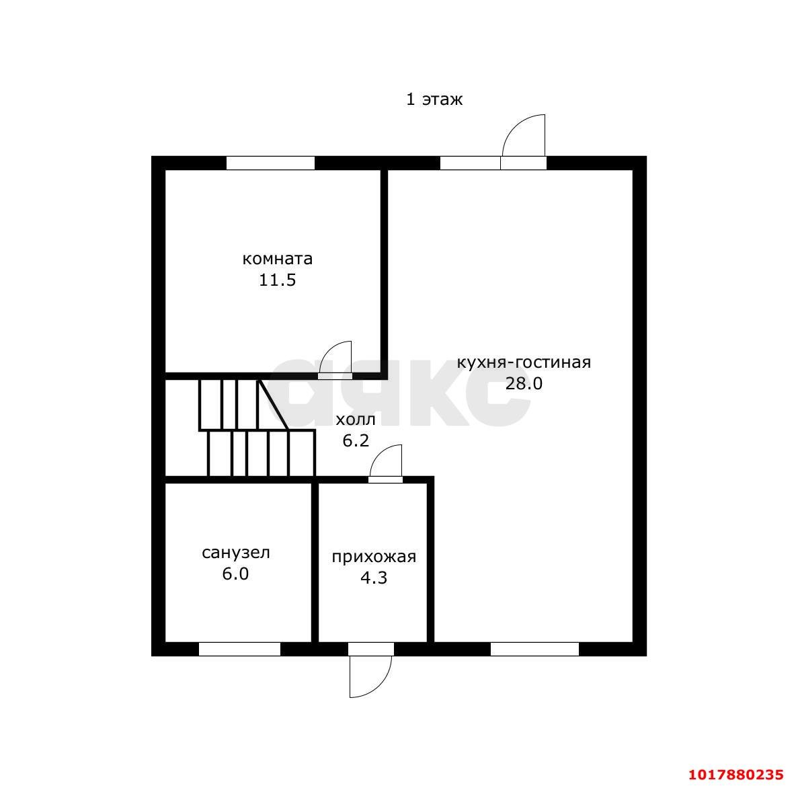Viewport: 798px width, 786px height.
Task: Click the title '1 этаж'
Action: tap(434, 99)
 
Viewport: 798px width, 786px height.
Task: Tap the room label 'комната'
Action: tap(278, 259)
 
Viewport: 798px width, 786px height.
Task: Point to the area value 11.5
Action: tap(278, 280)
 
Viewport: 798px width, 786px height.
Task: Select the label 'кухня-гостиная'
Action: tap(524, 362)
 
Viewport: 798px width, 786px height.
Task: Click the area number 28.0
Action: tap(524, 383)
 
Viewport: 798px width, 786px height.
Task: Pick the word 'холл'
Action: tap(356, 420)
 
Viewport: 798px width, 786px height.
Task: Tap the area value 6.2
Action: tap(356, 440)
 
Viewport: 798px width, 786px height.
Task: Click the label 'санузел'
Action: tap(235, 553)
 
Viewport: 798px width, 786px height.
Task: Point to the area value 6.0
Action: tap(235, 574)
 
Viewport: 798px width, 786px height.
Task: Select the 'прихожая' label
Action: tap(374, 557)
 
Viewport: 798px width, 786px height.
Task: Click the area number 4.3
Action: tap(374, 578)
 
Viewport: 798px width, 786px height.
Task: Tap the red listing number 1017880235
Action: tap(736, 775)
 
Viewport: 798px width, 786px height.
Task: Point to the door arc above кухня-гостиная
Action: tap(513, 124)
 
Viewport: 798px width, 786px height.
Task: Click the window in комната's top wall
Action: tap(270, 163)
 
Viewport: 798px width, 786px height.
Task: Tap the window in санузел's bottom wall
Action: tap(239, 649)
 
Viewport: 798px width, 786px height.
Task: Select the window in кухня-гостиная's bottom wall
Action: tap(534, 649)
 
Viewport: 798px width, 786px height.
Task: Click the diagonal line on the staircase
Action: tap(274, 405)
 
